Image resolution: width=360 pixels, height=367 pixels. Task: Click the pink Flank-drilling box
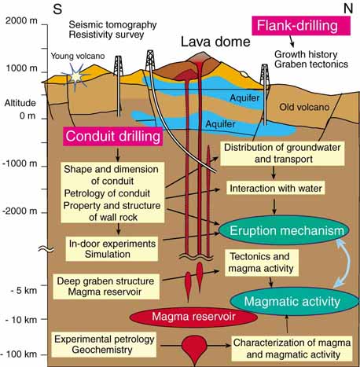pyautogui.click(x=301, y=26)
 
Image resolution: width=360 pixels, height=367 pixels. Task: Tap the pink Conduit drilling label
pyautogui.click(x=112, y=136)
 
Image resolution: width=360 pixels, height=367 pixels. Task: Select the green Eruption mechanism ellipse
pyautogui.click(x=284, y=230)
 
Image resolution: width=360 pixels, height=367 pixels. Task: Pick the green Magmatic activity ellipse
pyautogui.click(x=294, y=301)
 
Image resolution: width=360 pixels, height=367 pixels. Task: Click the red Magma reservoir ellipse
pyautogui.click(x=193, y=317)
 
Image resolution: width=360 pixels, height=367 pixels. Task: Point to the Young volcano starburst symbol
pyautogui.click(x=75, y=76)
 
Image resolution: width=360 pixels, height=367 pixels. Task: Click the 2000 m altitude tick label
pyautogui.click(x=21, y=20)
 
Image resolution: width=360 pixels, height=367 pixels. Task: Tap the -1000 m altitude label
pyautogui.click(x=20, y=163)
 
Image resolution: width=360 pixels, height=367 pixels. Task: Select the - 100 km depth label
pyautogui.click(x=19, y=354)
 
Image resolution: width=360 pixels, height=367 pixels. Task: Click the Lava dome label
pyautogui.click(x=215, y=42)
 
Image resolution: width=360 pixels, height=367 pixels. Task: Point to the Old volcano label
pyautogui.click(x=304, y=107)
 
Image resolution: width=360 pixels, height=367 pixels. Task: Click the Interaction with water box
pyautogui.click(x=276, y=188)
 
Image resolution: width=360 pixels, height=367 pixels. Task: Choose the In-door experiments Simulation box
pyautogui.click(x=112, y=249)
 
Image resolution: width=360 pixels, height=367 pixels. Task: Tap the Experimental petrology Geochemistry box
pyautogui.click(x=104, y=344)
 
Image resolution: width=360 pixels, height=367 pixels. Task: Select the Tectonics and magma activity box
pyautogui.click(x=262, y=262)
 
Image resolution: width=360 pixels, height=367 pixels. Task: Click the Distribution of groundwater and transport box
pyautogui.click(x=282, y=153)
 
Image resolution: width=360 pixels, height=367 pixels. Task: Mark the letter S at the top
pyautogui.click(x=57, y=9)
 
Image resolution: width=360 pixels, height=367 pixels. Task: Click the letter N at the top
pyautogui.click(x=348, y=9)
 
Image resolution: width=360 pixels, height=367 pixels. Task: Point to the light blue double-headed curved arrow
pyautogui.click(x=349, y=265)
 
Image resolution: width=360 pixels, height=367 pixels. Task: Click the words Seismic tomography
pyautogui.click(x=112, y=24)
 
